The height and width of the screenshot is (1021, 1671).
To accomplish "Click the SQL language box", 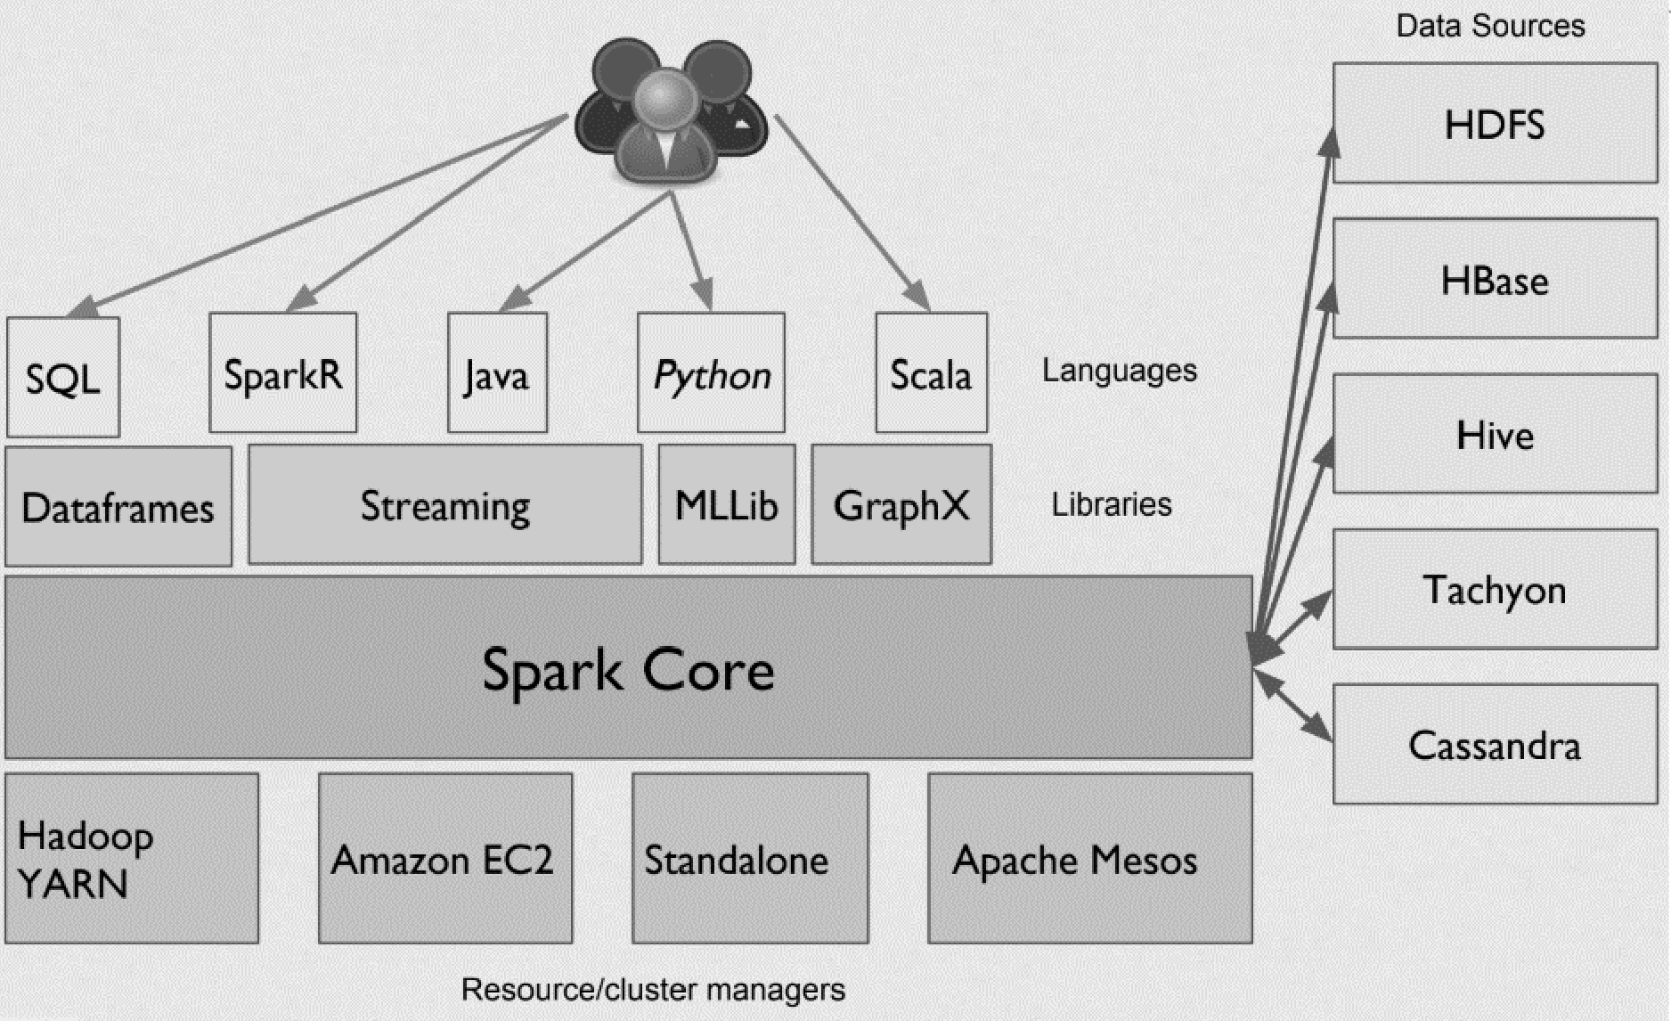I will click(62, 378).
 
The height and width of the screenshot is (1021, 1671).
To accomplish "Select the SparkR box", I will click(282, 373).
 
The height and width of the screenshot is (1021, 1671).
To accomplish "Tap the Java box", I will click(497, 373).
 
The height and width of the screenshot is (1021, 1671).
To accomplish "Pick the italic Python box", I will click(711, 373).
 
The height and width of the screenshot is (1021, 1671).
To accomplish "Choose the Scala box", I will click(931, 373).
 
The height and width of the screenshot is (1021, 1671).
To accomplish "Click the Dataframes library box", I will click(118, 507).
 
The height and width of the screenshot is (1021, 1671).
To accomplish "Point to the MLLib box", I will click(726, 505).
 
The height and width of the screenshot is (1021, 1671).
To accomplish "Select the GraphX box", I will click(901, 505).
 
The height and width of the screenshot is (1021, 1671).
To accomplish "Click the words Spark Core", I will click(628, 669).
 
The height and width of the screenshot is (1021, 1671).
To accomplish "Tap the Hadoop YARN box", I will click(131, 858).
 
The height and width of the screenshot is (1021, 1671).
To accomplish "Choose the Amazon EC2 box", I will click(444, 858).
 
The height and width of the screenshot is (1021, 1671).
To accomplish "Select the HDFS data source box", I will click(1494, 124).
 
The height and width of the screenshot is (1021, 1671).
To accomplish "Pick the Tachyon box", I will click(1494, 589).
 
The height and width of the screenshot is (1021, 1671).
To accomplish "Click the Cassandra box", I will click(1494, 744).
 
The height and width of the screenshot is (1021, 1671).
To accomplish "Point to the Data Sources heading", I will click(1489, 25).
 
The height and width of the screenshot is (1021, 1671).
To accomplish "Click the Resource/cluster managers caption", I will click(652, 989).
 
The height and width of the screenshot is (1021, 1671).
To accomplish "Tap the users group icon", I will click(671, 111).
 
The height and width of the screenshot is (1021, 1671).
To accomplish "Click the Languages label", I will click(1119, 370).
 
